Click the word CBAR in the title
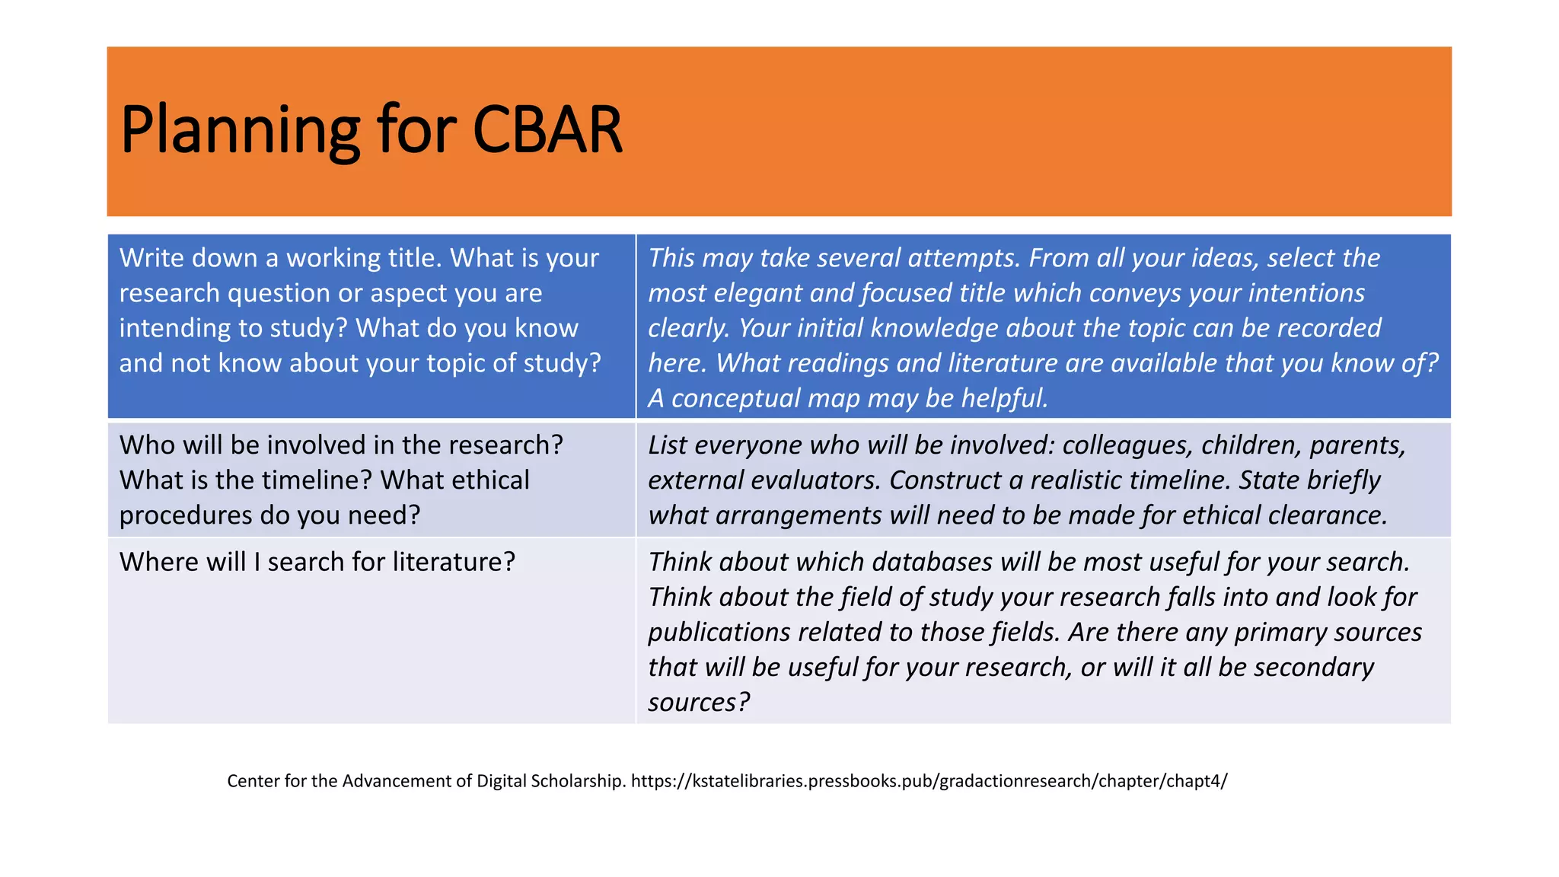(547, 130)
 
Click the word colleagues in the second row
(1127, 445)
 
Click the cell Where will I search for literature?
(317, 562)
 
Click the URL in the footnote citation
(929, 781)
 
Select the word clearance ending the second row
(1328, 515)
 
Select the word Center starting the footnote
(253, 781)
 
